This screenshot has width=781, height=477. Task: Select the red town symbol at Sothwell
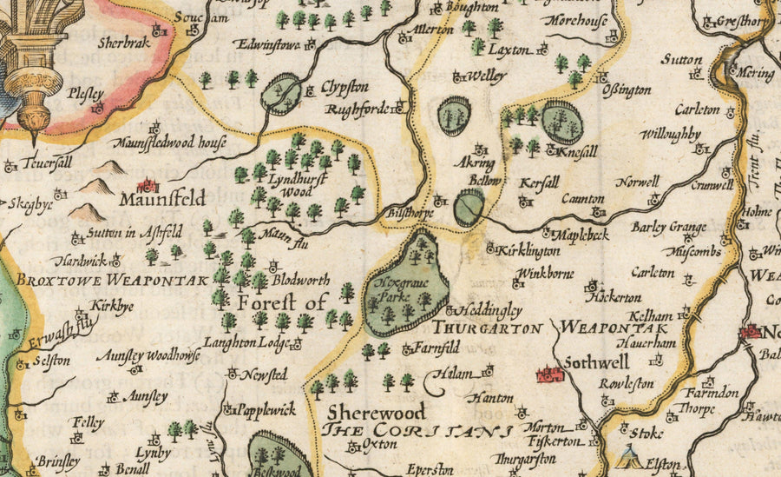coord(550,374)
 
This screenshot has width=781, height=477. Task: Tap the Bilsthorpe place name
coord(406,211)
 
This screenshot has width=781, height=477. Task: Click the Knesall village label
coord(577,150)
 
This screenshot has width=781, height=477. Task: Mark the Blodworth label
coord(301,281)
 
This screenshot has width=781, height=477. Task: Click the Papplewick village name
coord(266,410)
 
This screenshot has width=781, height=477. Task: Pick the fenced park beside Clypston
coord(284,93)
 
